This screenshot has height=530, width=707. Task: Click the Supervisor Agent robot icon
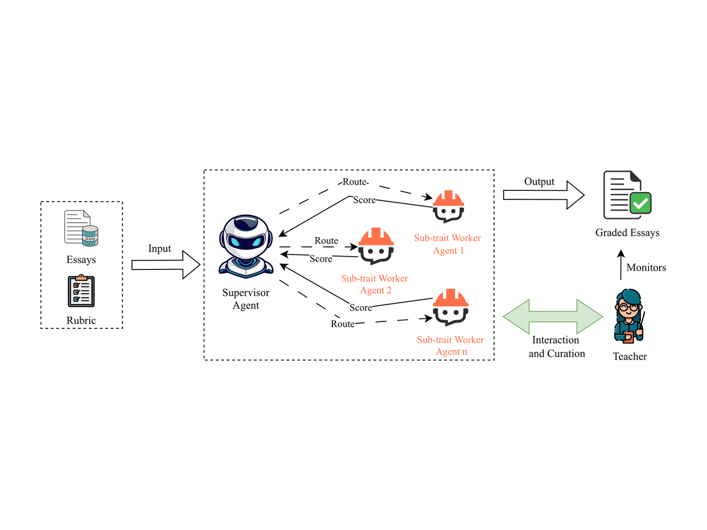246,246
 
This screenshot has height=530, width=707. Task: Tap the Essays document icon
81,228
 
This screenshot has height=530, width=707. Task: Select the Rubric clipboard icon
81,291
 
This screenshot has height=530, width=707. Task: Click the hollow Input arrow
166,265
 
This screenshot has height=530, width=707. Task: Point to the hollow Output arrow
544,195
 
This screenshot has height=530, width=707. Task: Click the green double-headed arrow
553,317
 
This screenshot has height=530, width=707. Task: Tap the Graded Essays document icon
627,195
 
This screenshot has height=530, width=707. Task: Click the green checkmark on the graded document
640,203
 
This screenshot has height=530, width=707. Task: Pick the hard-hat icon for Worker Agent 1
448,206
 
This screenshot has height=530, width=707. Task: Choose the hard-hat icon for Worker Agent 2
376,246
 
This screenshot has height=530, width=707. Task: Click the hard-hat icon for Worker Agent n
450,307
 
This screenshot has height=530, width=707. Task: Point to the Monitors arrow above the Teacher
621,265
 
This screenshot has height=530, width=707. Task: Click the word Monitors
646,267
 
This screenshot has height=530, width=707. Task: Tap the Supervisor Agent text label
246,299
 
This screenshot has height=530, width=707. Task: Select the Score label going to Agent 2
321,259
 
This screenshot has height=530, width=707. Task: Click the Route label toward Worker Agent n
342,324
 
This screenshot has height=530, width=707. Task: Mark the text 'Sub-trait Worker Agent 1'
447,244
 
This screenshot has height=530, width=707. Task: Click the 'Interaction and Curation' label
556,346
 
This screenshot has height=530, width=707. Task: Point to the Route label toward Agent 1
354,182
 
